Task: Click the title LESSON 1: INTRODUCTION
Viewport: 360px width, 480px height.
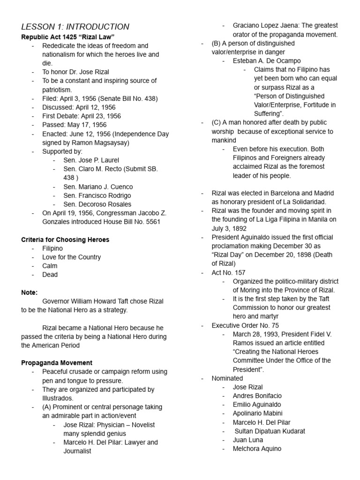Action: (75, 27)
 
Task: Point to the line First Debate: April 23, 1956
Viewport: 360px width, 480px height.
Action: (81, 116)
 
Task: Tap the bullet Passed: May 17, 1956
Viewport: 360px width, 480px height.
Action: (74, 125)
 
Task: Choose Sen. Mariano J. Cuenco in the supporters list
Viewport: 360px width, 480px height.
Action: (98, 187)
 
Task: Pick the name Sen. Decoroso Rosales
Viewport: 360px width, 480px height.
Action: (97, 204)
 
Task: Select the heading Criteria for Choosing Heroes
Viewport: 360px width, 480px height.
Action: (65, 240)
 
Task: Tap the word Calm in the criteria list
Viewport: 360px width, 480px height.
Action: (50, 266)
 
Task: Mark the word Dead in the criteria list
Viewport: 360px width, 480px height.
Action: (50, 275)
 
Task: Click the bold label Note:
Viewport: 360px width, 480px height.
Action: (29, 292)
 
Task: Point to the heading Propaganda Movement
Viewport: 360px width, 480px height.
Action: (57, 363)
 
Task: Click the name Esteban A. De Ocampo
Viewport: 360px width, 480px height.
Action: (267, 61)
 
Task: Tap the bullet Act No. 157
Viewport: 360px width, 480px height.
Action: (228, 272)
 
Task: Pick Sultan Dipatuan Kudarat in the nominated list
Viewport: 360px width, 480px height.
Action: (270, 431)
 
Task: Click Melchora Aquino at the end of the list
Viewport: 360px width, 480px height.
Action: (257, 449)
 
